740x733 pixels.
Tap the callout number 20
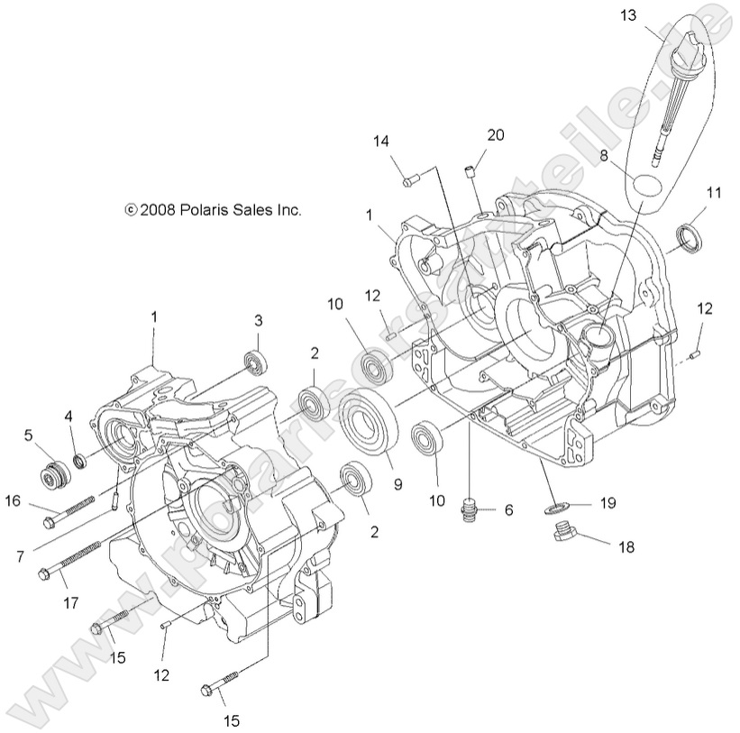pyautogui.click(x=496, y=135)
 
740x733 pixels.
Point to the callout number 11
pyautogui.click(x=714, y=192)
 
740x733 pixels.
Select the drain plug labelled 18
pyautogui.click(x=564, y=537)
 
